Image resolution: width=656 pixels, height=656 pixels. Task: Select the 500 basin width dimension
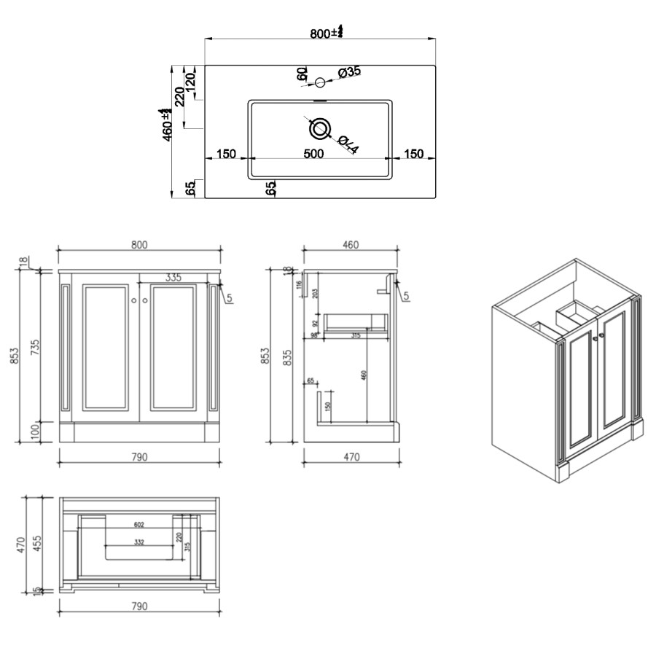point(313,154)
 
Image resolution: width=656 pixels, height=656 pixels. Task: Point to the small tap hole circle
point(319,82)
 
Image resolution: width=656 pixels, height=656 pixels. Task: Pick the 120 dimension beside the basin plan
point(190,81)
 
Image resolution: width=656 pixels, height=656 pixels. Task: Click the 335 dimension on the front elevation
point(173,278)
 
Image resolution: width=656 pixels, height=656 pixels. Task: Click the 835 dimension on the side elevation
point(287,355)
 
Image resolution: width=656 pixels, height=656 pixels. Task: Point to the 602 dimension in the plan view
point(139,524)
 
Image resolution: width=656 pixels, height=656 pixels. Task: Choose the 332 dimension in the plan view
point(139,542)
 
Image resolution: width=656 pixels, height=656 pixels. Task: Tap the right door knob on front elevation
point(146,300)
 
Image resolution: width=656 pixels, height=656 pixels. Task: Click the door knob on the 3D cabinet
point(596,336)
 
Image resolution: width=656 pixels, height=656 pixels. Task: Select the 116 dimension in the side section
point(299,285)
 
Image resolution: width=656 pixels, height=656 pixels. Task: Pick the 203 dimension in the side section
point(315,293)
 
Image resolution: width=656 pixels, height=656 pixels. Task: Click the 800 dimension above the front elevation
point(139,245)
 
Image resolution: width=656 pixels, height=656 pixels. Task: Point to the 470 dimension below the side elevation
point(351,458)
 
